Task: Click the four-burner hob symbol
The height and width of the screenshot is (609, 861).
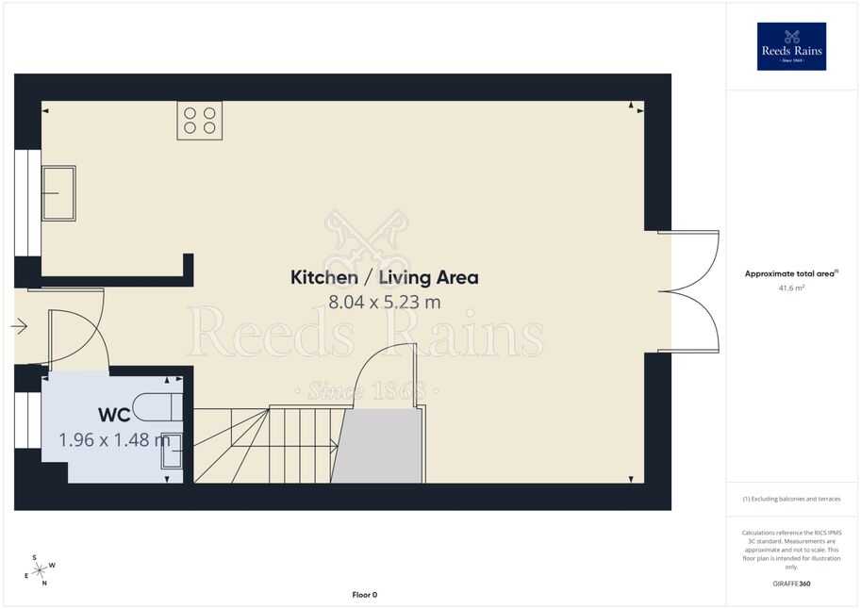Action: click(x=199, y=121)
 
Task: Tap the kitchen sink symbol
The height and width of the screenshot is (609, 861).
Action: click(x=58, y=193)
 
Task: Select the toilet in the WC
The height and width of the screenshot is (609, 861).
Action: click(x=157, y=407)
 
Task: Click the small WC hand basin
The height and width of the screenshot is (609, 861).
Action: click(x=172, y=451)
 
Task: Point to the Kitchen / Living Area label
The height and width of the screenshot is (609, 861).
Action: click(x=385, y=277)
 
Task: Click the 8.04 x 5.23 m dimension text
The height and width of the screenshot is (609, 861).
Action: click(x=385, y=302)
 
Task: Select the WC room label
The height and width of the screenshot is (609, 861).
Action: click(x=114, y=415)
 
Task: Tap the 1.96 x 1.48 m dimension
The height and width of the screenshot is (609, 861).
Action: click(x=114, y=440)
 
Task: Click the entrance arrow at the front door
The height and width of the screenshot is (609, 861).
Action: click(x=19, y=326)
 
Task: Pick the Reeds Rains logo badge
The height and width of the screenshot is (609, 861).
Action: click(x=791, y=47)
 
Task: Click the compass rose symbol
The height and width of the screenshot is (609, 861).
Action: click(x=40, y=570)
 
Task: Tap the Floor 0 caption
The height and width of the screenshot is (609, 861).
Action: click(x=365, y=595)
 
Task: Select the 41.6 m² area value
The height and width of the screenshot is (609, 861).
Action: click(x=791, y=288)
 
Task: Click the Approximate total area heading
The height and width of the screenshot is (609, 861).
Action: click(x=791, y=273)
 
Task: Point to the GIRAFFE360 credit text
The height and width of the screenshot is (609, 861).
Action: click(x=791, y=584)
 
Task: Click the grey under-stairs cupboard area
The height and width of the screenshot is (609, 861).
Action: click(x=379, y=446)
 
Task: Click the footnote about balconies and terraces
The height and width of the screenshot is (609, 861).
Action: click(x=791, y=499)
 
